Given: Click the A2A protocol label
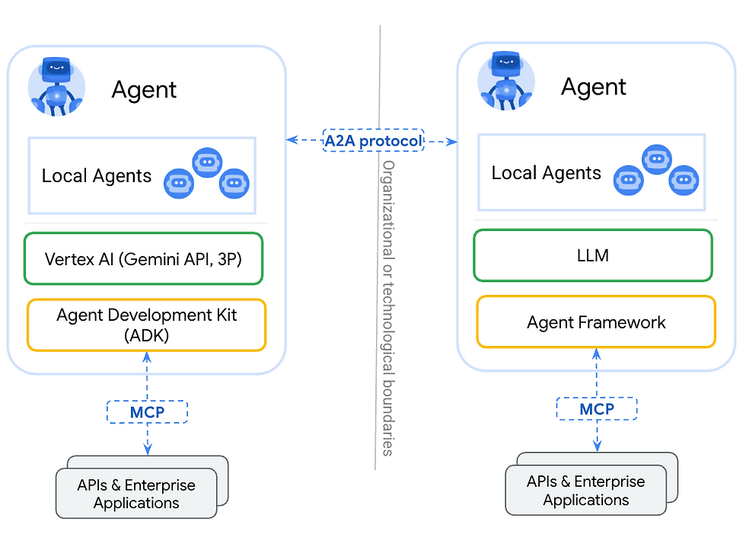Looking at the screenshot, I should click(373, 141).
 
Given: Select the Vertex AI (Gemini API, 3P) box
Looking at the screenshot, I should click(145, 259).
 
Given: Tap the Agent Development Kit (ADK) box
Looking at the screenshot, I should click(146, 325).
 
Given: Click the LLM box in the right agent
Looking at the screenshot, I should click(593, 255).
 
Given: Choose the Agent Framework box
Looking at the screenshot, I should click(596, 322).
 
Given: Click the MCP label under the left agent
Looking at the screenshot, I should click(147, 412).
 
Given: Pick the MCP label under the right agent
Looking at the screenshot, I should click(597, 409).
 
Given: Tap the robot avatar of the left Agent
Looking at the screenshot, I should click(56, 86).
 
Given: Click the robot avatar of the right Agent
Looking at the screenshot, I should click(506, 82).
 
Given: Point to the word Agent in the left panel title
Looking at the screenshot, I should click(144, 90).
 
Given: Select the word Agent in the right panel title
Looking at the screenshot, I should click(594, 87).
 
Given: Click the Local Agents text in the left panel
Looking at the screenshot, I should click(97, 176).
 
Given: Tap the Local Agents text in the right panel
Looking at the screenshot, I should click(546, 173).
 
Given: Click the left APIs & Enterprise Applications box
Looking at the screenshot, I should click(137, 494).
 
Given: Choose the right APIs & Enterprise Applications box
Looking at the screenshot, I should click(586, 491).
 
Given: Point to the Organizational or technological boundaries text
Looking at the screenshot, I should click(387, 308).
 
